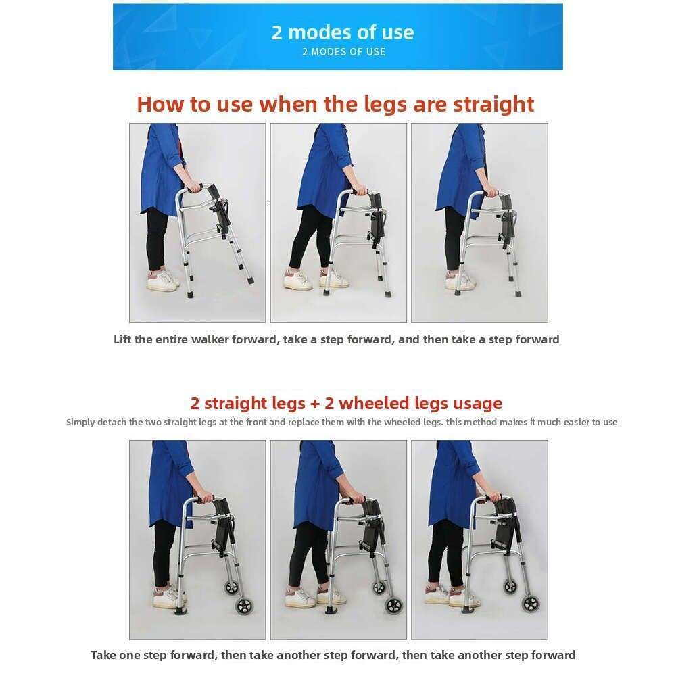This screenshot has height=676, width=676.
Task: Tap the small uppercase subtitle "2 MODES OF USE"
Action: click(343, 52)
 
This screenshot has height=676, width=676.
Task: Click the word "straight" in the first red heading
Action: click(493, 105)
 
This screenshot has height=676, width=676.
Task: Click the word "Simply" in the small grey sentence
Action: click(80, 422)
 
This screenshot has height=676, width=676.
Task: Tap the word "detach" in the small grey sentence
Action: click(112, 422)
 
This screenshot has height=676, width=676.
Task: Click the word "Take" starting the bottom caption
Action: click(103, 655)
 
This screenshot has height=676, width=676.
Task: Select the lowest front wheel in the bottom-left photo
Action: click(245, 606)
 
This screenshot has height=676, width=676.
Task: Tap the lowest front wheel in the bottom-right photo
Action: click(531, 604)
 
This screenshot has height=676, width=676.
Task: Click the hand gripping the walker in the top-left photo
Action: click(193, 187)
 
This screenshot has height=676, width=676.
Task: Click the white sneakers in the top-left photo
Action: click(162, 281)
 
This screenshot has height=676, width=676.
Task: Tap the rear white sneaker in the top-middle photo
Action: click(298, 280)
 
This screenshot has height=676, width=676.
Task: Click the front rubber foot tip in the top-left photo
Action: click(249, 279)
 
